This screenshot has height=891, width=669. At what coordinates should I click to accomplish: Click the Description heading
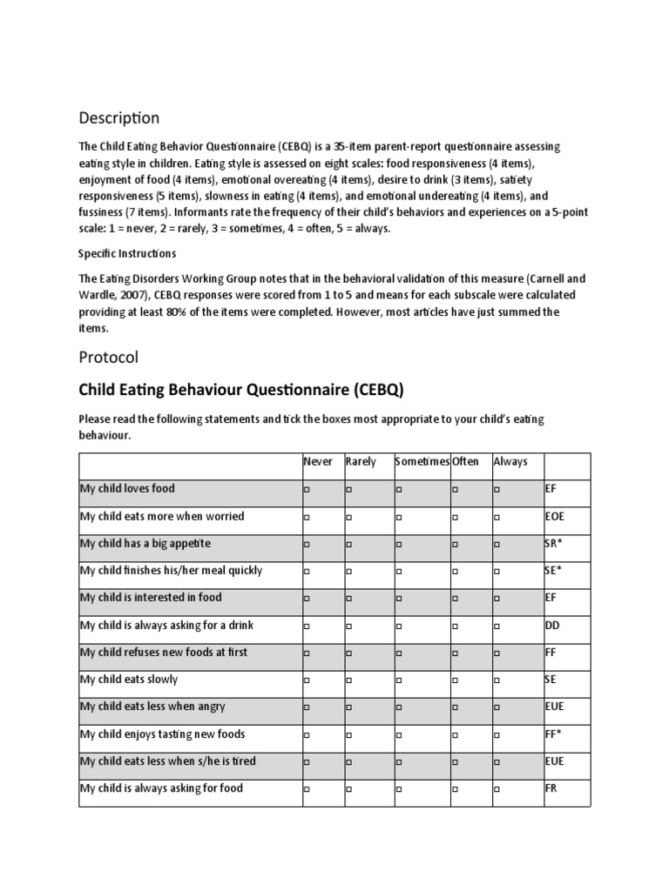click(119, 117)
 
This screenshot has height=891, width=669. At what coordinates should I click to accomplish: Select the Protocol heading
click(108, 357)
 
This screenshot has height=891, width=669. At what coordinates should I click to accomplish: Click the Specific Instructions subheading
click(127, 253)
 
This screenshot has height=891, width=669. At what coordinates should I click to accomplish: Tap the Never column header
click(318, 461)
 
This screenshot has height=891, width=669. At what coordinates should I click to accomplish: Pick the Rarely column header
click(361, 461)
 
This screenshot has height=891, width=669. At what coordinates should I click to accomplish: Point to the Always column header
click(510, 461)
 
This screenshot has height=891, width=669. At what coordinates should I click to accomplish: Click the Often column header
click(466, 461)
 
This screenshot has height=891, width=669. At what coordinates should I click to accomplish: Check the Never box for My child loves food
click(307, 490)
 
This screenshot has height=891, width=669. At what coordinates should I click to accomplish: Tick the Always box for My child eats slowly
click(497, 680)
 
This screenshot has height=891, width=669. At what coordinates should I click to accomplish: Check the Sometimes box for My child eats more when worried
click(398, 517)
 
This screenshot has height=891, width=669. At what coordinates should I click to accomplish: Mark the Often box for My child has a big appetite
click(455, 545)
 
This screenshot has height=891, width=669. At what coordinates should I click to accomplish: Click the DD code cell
click(551, 625)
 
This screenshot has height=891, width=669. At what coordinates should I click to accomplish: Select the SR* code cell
click(553, 543)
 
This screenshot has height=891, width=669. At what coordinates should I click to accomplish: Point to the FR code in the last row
click(551, 788)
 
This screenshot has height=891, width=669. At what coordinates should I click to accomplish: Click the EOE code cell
click(555, 516)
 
